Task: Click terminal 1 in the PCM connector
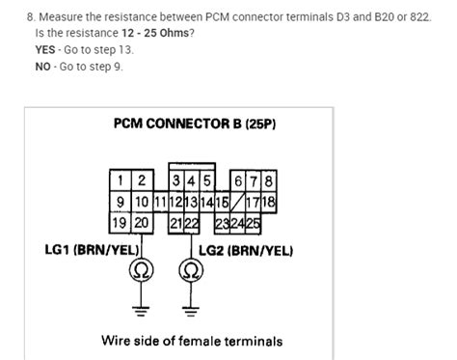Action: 121,180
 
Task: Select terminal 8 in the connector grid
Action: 270,180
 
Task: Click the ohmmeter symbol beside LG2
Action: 186,269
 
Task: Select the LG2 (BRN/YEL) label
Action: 246,250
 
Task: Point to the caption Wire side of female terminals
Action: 192,341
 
